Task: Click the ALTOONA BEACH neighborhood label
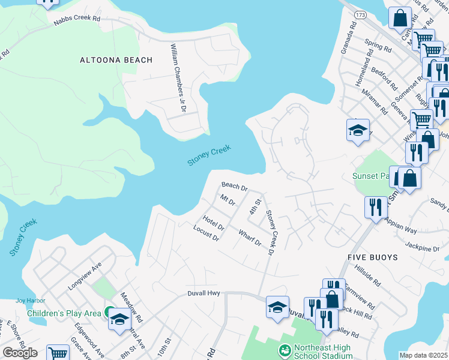pos(116,60)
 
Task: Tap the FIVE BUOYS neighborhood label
pos(372,257)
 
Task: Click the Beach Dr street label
pos(235,187)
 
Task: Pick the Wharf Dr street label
pos(250,238)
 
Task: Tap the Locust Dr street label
pos(206,233)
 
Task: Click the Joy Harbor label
pos(27,301)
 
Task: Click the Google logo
pos(20,353)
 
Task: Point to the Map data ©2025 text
pos(424,355)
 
